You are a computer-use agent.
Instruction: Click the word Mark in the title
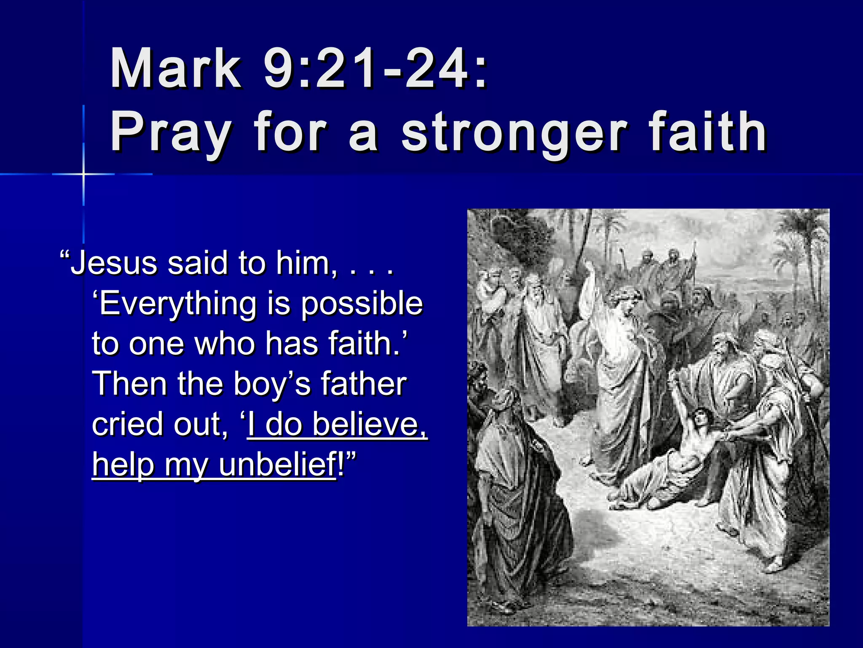(x=175, y=68)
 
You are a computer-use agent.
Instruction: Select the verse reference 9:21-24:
(x=375, y=68)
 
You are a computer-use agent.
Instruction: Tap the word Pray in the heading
(x=171, y=132)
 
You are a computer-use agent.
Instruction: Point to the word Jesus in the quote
(x=114, y=263)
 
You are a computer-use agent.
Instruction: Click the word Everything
(x=177, y=304)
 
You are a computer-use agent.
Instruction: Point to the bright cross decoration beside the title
(x=83, y=173)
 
